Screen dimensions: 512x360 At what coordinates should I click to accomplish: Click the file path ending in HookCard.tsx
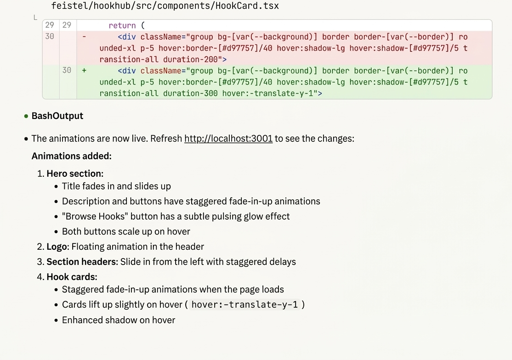[165, 6]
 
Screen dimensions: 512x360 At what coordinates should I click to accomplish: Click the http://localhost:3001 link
[228, 139]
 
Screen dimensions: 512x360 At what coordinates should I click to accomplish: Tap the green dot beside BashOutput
[26, 116]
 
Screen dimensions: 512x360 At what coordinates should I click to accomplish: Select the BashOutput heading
[57, 116]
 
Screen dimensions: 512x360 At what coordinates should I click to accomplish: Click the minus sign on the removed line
[84, 37]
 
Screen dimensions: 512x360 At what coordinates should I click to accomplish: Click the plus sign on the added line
[84, 70]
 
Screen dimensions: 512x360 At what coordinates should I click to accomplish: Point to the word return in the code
[122, 25]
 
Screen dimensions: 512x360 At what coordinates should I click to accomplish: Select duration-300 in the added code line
[190, 93]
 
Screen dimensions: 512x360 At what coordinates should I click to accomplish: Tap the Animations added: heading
[72, 156]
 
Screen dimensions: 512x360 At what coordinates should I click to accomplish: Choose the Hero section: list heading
[75, 174]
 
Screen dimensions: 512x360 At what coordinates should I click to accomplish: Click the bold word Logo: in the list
[58, 247]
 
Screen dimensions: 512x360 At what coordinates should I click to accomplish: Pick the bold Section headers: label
[82, 262]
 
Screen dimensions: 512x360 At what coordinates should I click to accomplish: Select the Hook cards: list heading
[72, 277]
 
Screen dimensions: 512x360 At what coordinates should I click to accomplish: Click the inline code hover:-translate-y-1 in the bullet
[245, 304]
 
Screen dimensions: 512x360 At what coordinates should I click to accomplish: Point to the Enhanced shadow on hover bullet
[119, 320]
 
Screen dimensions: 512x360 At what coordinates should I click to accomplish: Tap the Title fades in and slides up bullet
[116, 186]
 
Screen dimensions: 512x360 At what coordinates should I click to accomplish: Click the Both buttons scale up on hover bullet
[126, 231]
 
